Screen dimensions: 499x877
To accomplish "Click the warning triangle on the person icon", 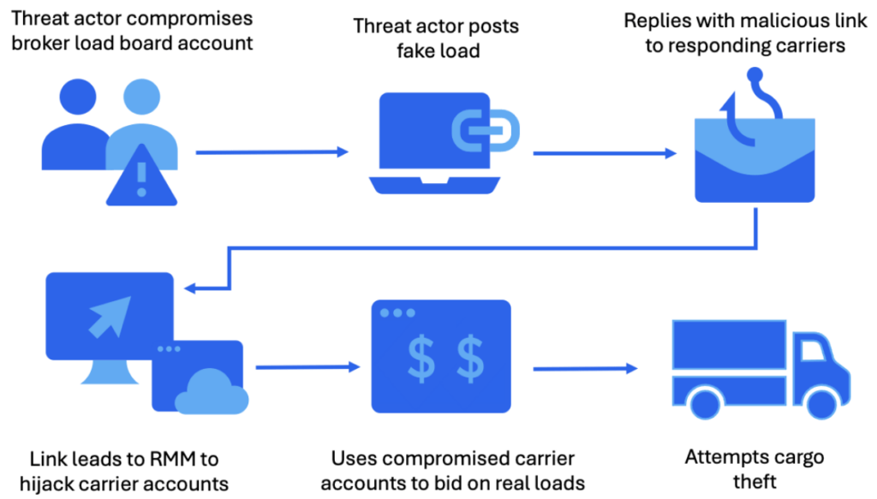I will (141, 178).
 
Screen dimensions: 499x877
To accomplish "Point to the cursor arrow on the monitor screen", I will (110, 315).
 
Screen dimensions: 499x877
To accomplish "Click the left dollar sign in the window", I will (421, 359).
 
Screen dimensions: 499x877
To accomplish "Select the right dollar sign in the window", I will (468, 359).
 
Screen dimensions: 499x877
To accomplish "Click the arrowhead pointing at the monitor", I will (193, 288).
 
